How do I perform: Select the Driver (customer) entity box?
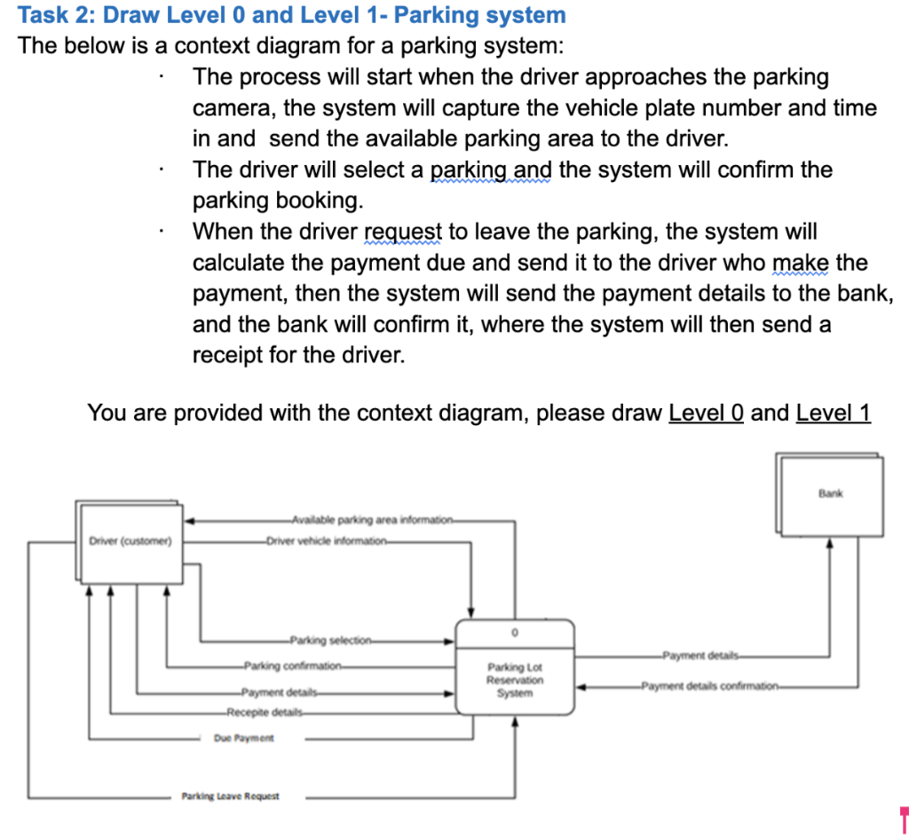click(130, 541)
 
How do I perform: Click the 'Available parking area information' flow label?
click(373, 519)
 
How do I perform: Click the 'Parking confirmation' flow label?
click(293, 665)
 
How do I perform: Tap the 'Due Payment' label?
click(244, 738)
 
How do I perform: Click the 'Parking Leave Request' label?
click(230, 796)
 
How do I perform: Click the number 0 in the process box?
click(515, 633)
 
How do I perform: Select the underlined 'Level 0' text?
click(706, 413)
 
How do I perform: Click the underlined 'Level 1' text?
click(834, 413)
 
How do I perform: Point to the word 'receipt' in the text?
click(227, 355)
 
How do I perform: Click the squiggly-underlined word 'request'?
click(404, 232)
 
